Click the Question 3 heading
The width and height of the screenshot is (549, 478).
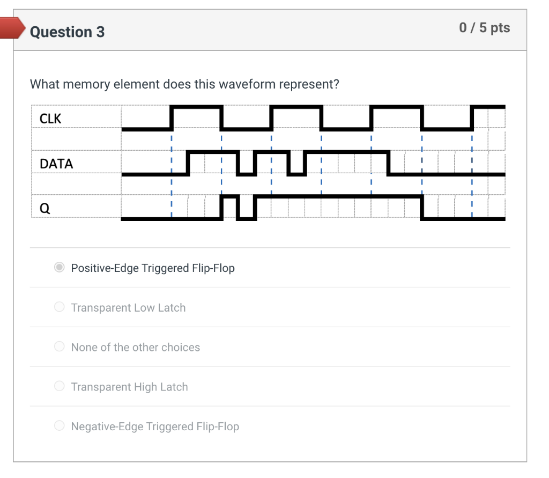67,32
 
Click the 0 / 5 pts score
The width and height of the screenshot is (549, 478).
484,28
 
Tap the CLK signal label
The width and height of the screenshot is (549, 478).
50,119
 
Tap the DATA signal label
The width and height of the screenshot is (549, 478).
56,164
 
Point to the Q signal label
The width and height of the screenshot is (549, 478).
45,208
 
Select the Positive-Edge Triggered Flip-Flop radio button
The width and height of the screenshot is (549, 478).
60,267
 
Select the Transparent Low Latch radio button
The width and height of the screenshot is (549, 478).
60,307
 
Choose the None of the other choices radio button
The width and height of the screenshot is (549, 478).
60,347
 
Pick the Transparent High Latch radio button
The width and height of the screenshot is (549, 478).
60,386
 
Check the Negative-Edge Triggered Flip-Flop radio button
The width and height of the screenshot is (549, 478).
60,426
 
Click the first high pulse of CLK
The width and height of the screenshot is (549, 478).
196,107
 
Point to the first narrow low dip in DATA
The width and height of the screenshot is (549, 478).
246,173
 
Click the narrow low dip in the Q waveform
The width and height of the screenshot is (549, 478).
246,218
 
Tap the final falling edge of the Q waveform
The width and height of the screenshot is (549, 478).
422,208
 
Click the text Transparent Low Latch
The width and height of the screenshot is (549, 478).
128,308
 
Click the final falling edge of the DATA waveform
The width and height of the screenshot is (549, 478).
389,163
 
